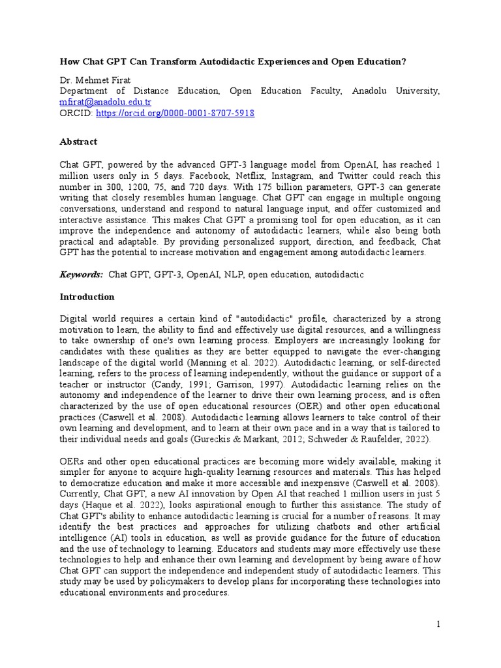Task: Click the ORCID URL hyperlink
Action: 175,113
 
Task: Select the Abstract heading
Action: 78,142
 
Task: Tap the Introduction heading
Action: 87,297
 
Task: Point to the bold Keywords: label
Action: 82,275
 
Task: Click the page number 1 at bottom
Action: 438,625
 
